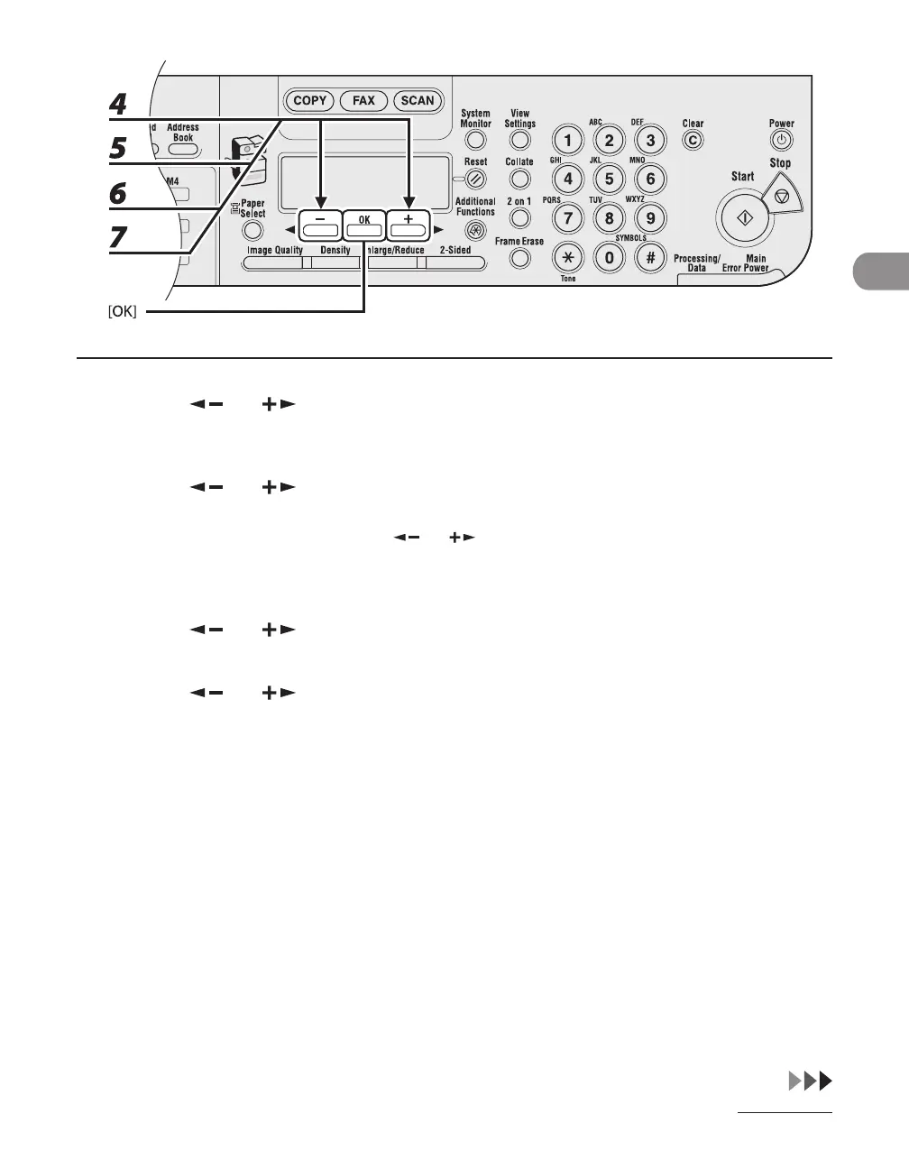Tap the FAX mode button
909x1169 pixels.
(x=363, y=101)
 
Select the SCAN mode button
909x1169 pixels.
(x=417, y=101)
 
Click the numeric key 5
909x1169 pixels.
(x=609, y=179)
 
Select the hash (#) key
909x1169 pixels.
(x=650, y=257)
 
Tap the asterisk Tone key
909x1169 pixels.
(x=567, y=257)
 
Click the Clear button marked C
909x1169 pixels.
(x=693, y=141)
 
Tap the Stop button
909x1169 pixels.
(x=782, y=196)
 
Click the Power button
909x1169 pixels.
(x=781, y=141)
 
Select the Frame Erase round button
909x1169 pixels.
(x=519, y=259)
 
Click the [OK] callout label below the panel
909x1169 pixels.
(x=117, y=313)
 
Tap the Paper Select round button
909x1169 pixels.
(x=252, y=231)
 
